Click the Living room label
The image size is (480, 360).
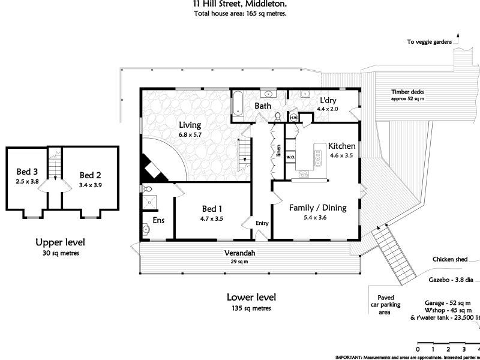190,125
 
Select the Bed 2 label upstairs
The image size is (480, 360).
90,175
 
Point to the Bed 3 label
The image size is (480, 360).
27,171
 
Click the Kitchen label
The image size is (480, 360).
342,146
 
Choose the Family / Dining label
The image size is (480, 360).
318,208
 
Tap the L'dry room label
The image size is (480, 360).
328,100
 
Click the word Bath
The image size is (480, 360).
263,106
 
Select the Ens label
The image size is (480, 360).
158,220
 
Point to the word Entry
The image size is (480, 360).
262,223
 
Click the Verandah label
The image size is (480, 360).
240,253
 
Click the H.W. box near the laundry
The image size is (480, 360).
294,118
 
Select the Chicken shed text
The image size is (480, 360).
449,259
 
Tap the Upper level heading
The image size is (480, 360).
60,242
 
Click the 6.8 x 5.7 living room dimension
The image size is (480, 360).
190,135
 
